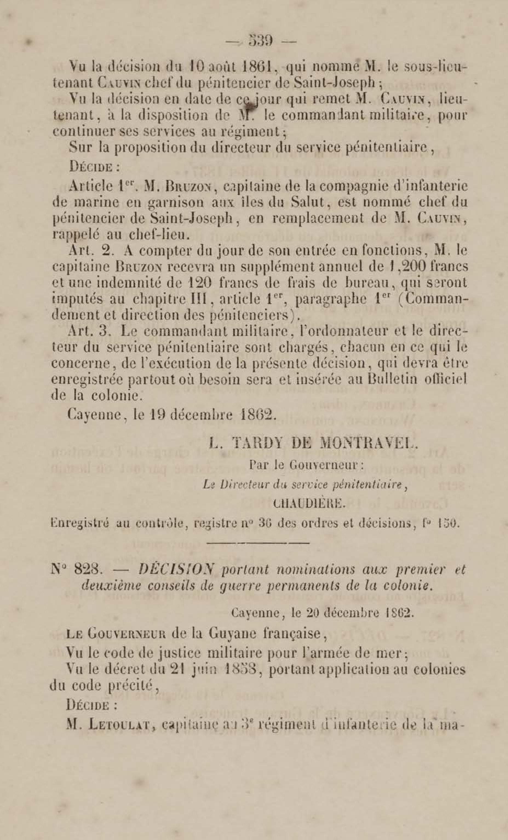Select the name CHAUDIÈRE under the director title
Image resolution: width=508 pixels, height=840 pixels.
(309, 504)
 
